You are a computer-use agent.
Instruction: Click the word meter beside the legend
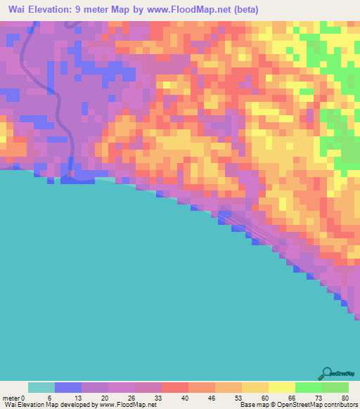tap(11, 398)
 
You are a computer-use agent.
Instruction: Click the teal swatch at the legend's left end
tap(41, 387)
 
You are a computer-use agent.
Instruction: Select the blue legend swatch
tap(68, 387)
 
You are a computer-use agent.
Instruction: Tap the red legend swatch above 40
tap(175, 387)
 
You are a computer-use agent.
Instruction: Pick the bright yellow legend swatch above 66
tap(282, 387)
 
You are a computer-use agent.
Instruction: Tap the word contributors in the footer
tap(340, 405)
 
